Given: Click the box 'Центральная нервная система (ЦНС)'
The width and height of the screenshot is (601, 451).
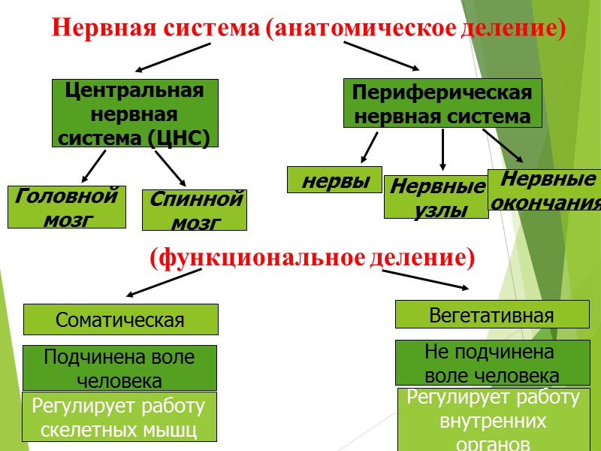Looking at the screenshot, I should (x=135, y=113).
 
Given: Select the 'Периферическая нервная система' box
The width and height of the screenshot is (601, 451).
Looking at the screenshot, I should (x=442, y=104).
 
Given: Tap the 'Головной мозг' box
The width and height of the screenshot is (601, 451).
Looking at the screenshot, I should (x=67, y=207).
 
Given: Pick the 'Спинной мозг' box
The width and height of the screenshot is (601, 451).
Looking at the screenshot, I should (x=195, y=210).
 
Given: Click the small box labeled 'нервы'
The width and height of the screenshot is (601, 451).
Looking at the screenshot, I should (x=334, y=180).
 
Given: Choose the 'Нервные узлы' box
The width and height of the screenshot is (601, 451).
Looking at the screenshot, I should (x=436, y=197).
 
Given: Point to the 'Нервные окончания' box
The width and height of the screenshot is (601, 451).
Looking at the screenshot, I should (x=545, y=191).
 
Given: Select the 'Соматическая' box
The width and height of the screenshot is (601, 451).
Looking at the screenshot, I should (x=121, y=319).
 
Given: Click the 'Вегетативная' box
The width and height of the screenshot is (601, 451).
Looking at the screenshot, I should (x=491, y=314).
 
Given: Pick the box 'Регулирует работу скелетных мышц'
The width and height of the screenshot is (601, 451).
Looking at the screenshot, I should (x=119, y=417).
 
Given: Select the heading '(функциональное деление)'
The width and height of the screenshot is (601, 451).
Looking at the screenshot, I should (x=313, y=258).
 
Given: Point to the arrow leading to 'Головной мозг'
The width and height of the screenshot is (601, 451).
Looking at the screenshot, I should (x=94, y=166).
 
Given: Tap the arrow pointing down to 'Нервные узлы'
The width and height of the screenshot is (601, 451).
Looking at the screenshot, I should (x=443, y=149).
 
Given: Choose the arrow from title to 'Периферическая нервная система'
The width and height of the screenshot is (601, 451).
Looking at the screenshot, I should (x=382, y=56).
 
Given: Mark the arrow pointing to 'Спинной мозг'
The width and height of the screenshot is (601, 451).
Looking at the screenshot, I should (x=170, y=168).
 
